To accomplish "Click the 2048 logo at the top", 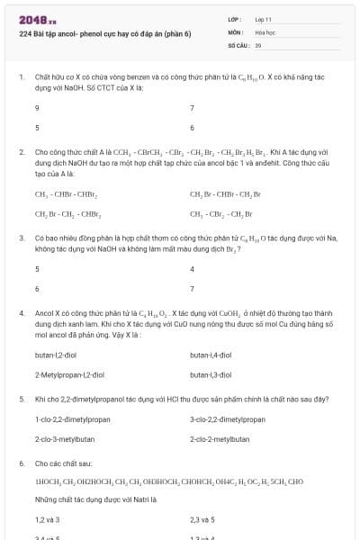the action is pos(38,19).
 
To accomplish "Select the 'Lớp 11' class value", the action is pos(263,19).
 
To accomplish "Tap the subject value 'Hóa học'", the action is pos(265,31).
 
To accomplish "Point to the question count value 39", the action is pos(258,44).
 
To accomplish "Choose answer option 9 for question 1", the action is pos(37,108).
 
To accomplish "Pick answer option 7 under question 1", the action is pos(193,108).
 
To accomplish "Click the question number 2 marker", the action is pos(22,152).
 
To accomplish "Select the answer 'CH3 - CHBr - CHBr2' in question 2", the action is pos(67,193).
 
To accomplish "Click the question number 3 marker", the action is pos(22,238).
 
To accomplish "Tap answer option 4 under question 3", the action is pos(193,269).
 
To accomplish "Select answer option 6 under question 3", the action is pos(37,289).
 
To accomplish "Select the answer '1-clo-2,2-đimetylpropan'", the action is pos(72,419).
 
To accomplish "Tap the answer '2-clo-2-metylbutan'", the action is pos(220,439).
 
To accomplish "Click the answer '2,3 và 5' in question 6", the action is pos(202,519).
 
